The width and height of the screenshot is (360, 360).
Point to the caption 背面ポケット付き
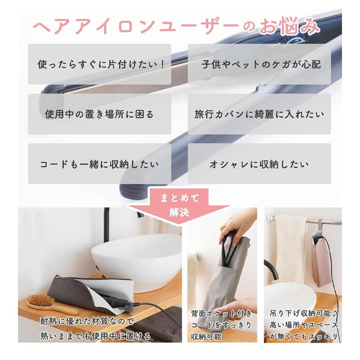click(x=221, y=313)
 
